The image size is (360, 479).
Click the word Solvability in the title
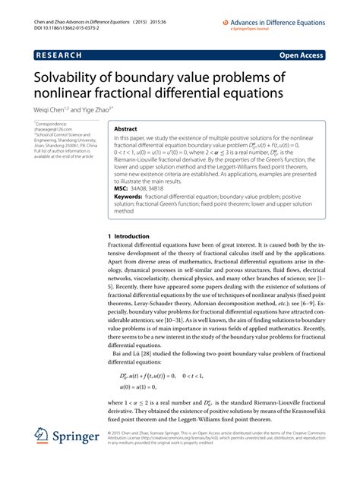(x=70, y=77)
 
